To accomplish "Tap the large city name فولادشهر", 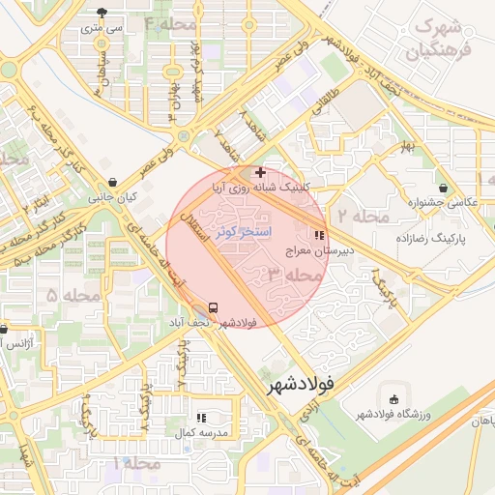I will click(302, 384).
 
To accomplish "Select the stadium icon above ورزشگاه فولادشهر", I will click(393, 399).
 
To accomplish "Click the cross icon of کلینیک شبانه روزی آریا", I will click(260, 172).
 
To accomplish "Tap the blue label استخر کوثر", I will click(244, 232).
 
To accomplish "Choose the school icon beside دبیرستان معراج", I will click(318, 235).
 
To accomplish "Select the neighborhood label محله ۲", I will click(355, 214).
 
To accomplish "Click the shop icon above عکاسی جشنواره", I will click(443, 188).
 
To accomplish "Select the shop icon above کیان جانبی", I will click(114, 182).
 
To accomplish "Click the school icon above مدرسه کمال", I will click(201, 418).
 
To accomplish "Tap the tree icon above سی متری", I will click(103, 13).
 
